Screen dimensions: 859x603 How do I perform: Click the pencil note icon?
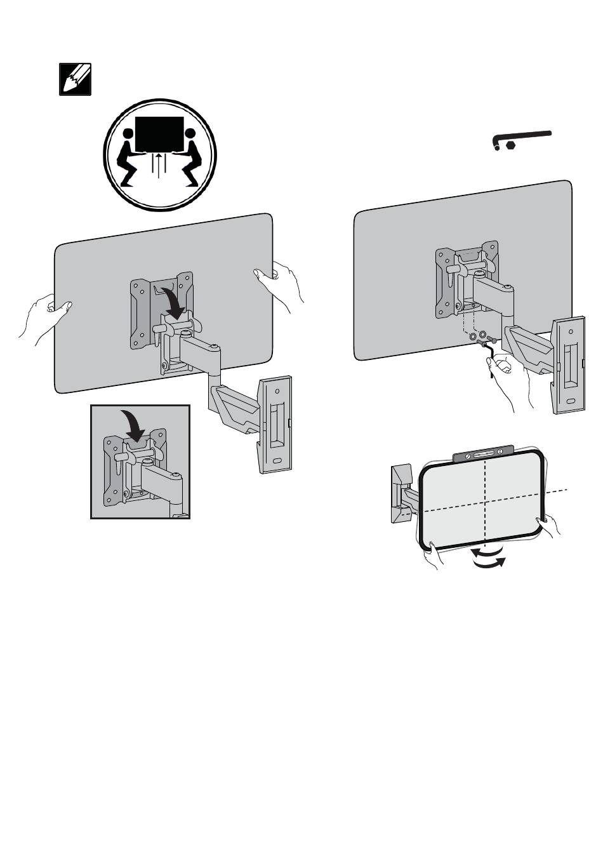pyautogui.click(x=75, y=79)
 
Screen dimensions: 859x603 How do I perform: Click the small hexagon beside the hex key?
pyautogui.click(x=510, y=145)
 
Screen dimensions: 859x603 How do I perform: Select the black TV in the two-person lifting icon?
pyautogui.click(x=159, y=133)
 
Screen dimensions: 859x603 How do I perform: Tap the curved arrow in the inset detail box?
pyautogui.click(x=135, y=424)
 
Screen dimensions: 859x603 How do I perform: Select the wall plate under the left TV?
pyautogui.click(x=275, y=424)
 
